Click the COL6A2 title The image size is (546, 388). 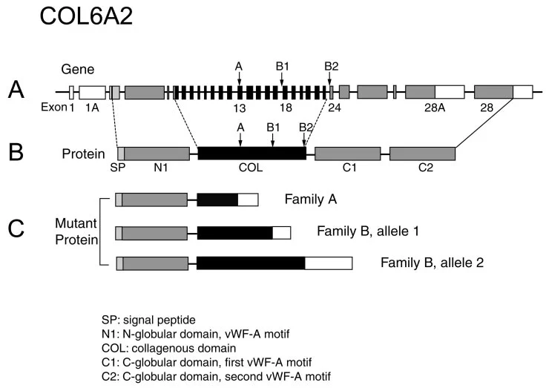pyautogui.click(x=86, y=16)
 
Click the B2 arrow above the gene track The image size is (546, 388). pyautogui.click(x=329, y=79)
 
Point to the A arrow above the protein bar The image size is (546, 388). pyautogui.click(x=240, y=140)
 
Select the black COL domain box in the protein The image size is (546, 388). pyautogui.click(x=252, y=154)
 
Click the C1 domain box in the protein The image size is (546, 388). pyautogui.click(x=347, y=154)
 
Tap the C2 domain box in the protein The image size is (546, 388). pyautogui.click(x=422, y=154)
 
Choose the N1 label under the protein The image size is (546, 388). pyautogui.click(x=161, y=168)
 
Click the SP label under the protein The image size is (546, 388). pyautogui.click(x=118, y=168)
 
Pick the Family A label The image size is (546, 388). pyautogui.click(x=311, y=200)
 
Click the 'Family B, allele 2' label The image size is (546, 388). pyautogui.click(x=432, y=263)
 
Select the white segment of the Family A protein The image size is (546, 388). pyautogui.click(x=248, y=200)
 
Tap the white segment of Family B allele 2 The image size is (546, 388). pyautogui.click(x=329, y=263)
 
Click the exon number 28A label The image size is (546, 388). pyautogui.click(x=435, y=108)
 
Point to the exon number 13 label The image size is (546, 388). pyautogui.click(x=240, y=108)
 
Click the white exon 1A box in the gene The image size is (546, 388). pyautogui.click(x=92, y=92)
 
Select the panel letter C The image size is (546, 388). pyautogui.click(x=16, y=228)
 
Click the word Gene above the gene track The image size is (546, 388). pyautogui.click(x=78, y=69)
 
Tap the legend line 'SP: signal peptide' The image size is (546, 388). pyautogui.click(x=148, y=320)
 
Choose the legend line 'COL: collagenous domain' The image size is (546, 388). pyautogui.click(x=169, y=348)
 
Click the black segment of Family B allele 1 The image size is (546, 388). pyautogui.click(x=235, y=233)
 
